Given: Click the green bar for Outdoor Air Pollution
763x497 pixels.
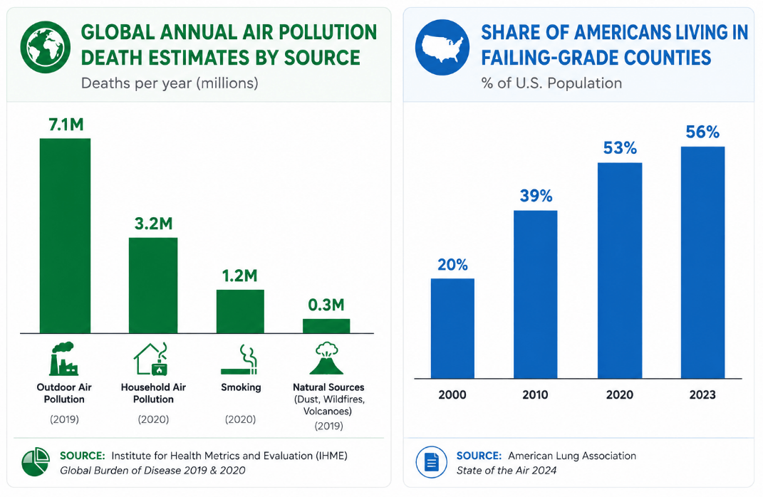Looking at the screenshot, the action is (x=66, y=236).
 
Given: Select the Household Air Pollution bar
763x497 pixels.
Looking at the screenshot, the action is (x=153, y=286).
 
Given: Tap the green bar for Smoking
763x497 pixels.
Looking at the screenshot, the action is (x=240, y=311).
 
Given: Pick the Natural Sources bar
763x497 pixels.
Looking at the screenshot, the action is (x=326, y=326).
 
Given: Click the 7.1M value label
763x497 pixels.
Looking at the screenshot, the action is (x=66, y=125).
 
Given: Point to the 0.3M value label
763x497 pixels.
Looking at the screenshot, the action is (x=326, y=305).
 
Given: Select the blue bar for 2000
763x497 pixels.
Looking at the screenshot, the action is (x=452, y=328).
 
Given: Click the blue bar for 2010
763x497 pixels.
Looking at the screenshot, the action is (x=535, y=294).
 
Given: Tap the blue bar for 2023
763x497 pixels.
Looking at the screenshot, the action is (x=702, y=263).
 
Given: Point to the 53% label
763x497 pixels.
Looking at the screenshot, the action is (x=620, y=148).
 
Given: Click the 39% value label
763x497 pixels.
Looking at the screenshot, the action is (x=536, y=196).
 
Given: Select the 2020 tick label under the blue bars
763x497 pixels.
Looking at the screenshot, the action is (x=620, y=394).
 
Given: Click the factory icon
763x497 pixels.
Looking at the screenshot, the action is (x=63, y=358).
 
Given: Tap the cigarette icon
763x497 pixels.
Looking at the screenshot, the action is (x=239, y=360).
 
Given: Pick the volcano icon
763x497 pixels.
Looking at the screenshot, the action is (x=326, y=358).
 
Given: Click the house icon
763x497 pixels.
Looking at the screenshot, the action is (x=151, y=359).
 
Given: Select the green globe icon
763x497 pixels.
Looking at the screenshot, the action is (x=46, y=47).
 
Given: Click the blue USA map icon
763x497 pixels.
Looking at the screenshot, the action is (x=442, y=47).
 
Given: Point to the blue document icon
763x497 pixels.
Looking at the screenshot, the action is (x=432, y=462).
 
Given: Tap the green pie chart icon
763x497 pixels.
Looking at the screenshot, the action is (x=36, y=462).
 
